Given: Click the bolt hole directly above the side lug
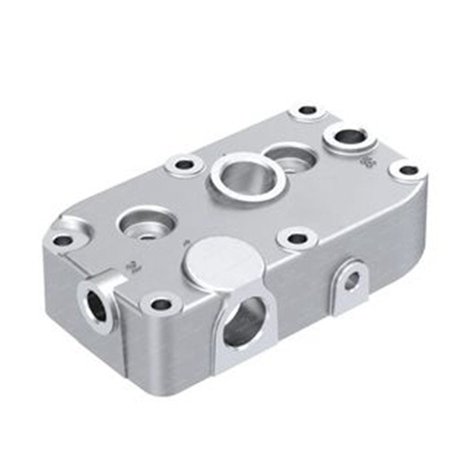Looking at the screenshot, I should pyautogui.click(x=295, y=238).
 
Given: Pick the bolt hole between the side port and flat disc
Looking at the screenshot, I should pyautogui.click(x=161, y=304).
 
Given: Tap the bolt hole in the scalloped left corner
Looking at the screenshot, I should pyautogui.click(x=63, y=239).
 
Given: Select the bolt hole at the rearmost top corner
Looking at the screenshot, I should pyautogui.click(x=307, y=110).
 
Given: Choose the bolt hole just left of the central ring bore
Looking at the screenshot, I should pyautogui.click(x=184, y=165).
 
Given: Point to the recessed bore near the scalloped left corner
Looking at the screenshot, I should pyautogui.click(x=145, y=224).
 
